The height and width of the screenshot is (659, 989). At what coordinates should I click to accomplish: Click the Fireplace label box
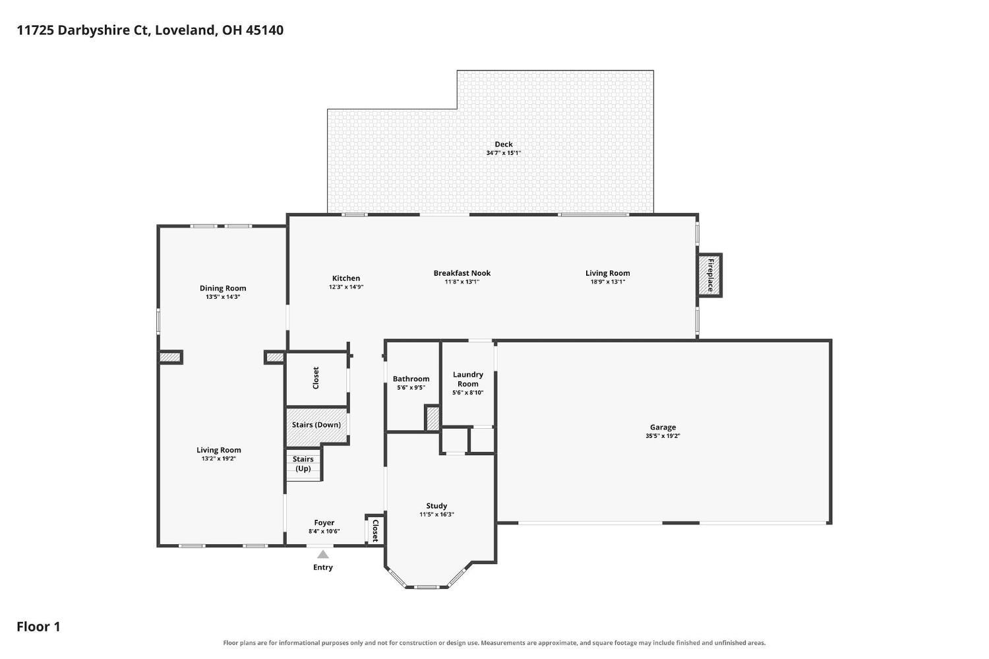[710, 275]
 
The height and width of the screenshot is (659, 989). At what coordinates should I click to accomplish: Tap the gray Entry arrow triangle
[323, 554]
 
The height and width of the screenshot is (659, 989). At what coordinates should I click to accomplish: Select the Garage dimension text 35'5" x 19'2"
[663, 435]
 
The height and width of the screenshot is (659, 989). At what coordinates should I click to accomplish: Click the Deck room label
[503, 144]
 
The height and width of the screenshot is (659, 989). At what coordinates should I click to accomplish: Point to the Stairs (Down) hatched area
[316, 426]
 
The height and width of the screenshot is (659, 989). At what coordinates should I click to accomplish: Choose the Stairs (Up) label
[303, 464]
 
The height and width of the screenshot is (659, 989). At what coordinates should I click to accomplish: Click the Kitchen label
[346, 278]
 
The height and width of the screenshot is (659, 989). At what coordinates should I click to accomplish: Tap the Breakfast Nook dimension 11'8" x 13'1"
[462, 282]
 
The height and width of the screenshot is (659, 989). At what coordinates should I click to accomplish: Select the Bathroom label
[411, 379]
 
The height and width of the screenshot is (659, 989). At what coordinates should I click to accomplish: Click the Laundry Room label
[468, 379]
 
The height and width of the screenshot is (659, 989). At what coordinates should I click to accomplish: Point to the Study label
[436, 506]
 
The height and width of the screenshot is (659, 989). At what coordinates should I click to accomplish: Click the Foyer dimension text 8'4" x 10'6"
[324, 531]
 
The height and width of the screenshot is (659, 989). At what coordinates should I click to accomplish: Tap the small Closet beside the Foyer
[375, 530]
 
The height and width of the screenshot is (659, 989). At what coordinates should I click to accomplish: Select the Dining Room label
[223, 288]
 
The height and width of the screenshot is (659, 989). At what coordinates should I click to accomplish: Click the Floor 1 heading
[38, 626]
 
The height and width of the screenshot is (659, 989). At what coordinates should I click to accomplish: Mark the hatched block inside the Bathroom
[433, 418]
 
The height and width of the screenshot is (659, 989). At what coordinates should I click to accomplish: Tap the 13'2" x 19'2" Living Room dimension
[219, 458]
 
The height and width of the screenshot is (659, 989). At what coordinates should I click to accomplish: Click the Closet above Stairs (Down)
[316, 379]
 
